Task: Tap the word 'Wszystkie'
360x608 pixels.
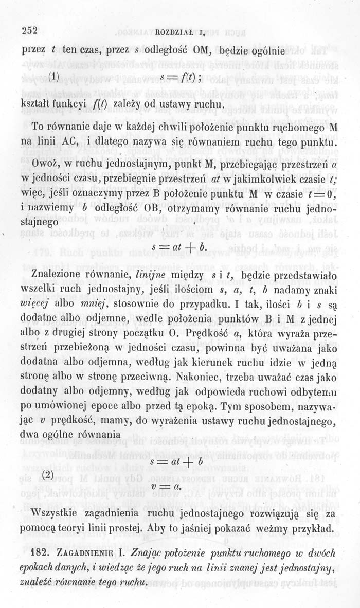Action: point(56,513)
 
